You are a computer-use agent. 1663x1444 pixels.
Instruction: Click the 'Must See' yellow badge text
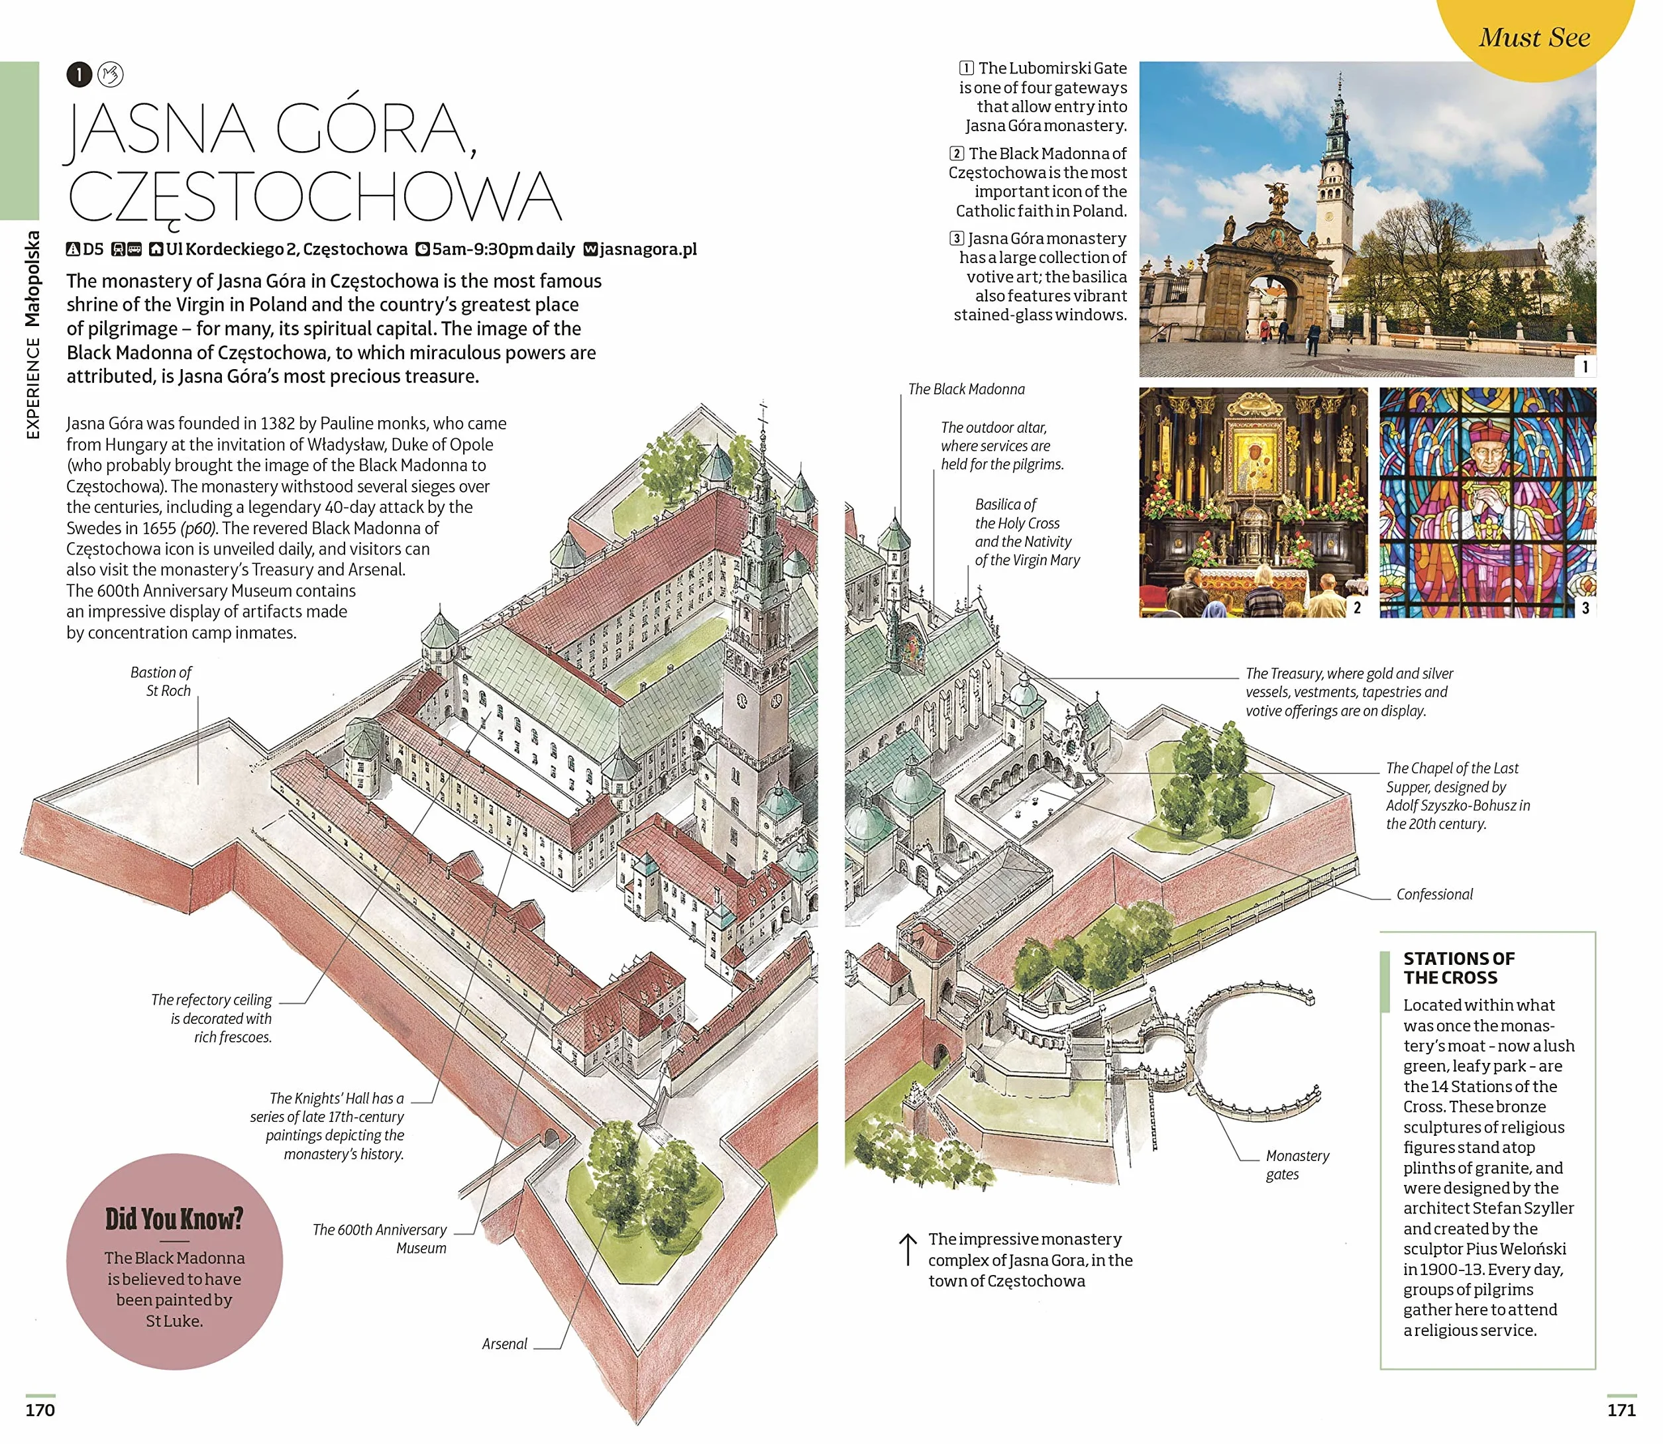pyautogui.click(x=1534, y=37)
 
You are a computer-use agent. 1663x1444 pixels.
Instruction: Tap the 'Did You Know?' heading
pyautogui.click(x=174, y=1219)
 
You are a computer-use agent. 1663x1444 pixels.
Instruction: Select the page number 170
pyautogui.click(x=40, y=1410)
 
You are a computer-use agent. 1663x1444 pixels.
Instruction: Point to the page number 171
pyautogui.click(x=1621, y=1410)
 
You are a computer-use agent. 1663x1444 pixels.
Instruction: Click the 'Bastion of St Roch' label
pyautogui.click(x=161, y=681)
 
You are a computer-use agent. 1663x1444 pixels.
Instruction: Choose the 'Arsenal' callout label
pyautogui.click(x=504, y=1343)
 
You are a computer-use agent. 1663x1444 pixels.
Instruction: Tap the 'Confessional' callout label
pyautogui.click(x=1434, y=893)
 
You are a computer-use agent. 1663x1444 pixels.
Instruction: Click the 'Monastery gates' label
pyautogui.click(x=1297, y=1164)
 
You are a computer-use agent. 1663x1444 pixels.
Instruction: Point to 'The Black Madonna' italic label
pyautogui.click(x=966, y=389)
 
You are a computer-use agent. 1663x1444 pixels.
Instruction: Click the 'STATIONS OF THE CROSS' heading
pyautogui.click(x=1458, y=968)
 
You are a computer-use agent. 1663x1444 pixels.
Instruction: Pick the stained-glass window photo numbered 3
pyautogui.click(x=1487, y=502)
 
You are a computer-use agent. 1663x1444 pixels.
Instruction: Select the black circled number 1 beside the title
pyautogui.click(x=79, y=75)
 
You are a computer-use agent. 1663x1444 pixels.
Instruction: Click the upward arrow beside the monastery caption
pyautogui.click(x=907, y=1249)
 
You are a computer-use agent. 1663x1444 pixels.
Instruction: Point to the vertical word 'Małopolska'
pyautogui.click(x=32, y=279)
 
